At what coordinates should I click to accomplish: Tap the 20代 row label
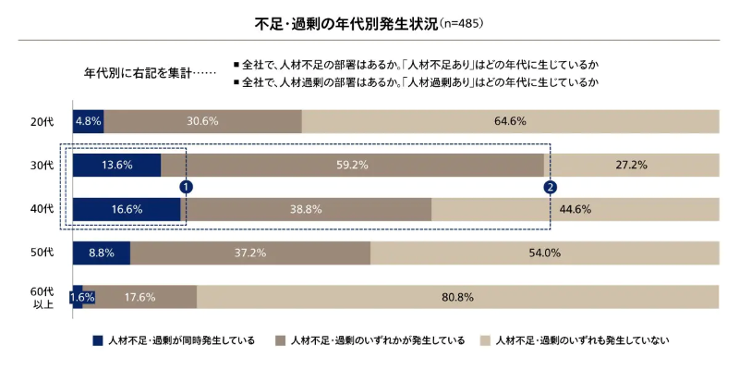42,121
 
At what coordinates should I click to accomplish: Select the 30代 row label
42,166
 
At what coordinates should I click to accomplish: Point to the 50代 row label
42,253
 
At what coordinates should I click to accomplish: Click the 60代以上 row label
42,297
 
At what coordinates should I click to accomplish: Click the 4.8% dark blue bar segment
88,121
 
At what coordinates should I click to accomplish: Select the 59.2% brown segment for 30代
352,166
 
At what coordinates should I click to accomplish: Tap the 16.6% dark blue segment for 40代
127,209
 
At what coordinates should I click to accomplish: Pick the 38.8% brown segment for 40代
306,209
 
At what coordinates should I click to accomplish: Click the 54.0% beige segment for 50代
544,253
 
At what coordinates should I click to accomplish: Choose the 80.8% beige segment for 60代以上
457,297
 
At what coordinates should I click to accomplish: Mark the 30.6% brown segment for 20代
202,121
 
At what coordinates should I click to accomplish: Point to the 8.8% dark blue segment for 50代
102,253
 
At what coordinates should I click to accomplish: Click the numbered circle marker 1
186,187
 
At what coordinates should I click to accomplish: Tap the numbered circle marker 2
551,187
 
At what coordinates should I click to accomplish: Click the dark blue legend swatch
97,340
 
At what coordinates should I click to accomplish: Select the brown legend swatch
280,340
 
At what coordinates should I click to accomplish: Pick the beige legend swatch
484,340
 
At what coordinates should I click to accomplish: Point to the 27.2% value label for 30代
631,166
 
